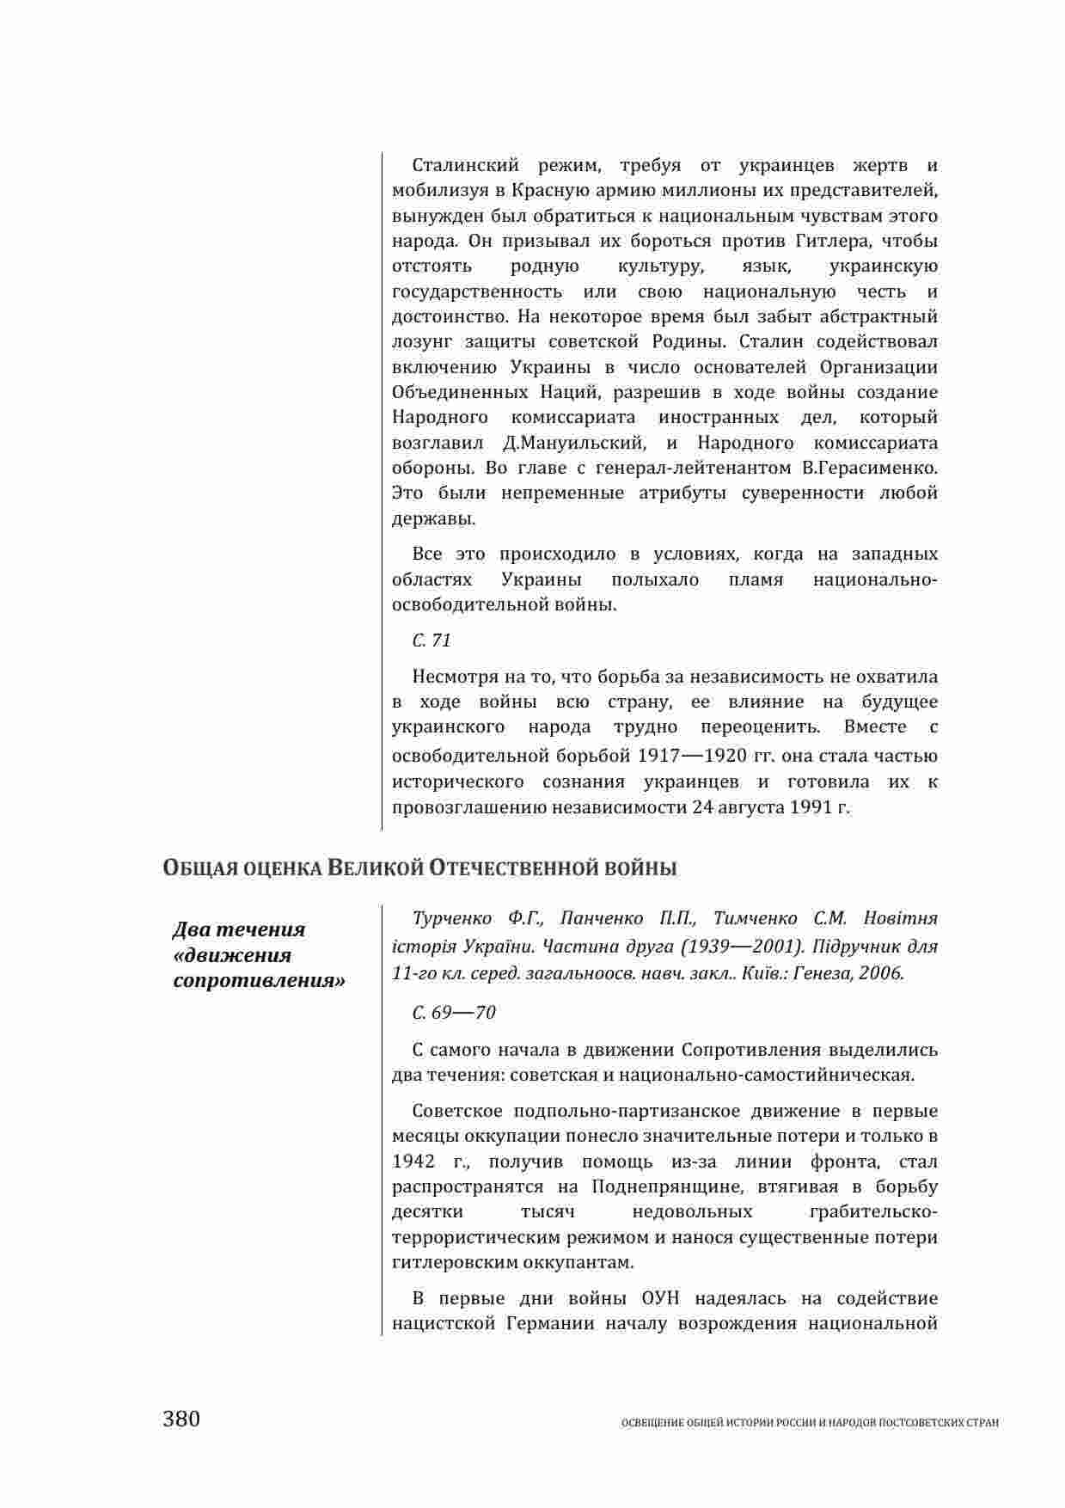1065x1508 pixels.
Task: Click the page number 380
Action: pos(181,1418)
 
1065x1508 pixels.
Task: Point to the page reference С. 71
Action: pos(432,641)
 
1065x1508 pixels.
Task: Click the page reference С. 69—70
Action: pos(454,1012)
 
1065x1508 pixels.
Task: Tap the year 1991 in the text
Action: pos(811,807)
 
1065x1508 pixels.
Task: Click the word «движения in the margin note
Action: pos(232,955)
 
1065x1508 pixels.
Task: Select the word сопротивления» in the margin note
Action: pos(260,980)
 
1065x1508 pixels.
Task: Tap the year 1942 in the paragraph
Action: pos(413,1162)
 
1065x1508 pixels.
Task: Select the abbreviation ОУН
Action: pos(661,1297)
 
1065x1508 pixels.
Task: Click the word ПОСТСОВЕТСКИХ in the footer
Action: pos(930,1423)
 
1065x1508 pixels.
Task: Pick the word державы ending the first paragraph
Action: pos(432,519)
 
